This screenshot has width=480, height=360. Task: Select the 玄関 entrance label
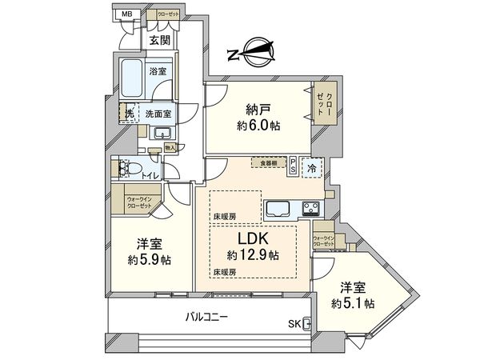pos(158,40)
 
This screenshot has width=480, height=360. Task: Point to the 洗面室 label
pos(158,114)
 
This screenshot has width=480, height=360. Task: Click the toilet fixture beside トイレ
pos(123,168)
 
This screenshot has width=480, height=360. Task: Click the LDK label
pos(251,239)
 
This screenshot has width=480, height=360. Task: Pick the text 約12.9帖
pos(252,255)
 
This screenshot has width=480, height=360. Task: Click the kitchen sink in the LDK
pos(280,210)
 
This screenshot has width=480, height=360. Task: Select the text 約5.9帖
pos(150,261)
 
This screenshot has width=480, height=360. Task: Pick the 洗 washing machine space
pos(126,114)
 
